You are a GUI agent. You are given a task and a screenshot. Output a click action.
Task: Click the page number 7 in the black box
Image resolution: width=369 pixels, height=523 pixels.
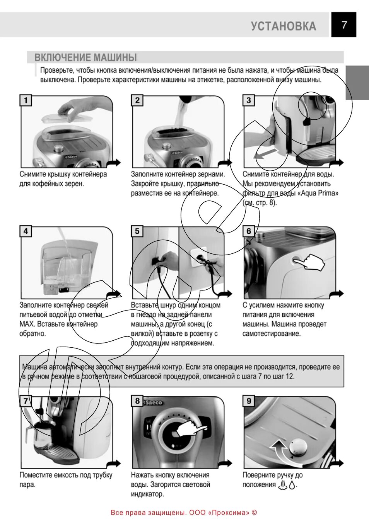(x=344, y=25)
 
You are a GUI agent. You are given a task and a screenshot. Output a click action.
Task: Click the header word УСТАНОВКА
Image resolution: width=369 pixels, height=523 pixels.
(x=284, y=26)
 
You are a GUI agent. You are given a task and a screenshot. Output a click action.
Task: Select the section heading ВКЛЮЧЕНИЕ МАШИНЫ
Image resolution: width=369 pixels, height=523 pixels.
(x=85, y=58)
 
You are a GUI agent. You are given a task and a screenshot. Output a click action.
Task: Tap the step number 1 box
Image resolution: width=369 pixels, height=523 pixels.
(x=26, y=100)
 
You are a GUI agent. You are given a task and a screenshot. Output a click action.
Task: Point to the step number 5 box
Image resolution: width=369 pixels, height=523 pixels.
(x=137, y=231)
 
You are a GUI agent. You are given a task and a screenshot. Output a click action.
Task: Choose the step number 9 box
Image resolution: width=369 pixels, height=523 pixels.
(x=249, y=401)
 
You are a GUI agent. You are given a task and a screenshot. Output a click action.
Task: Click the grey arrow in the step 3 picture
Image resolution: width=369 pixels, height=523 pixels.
(x=267, y=154)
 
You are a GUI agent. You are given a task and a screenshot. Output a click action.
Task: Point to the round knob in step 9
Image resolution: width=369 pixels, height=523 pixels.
(x=298, y=447)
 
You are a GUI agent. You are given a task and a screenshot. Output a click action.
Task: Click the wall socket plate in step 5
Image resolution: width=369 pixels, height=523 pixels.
(x=199, y=257)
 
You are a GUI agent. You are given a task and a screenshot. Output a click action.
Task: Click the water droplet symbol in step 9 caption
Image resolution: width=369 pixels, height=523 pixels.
(x=292, y=486)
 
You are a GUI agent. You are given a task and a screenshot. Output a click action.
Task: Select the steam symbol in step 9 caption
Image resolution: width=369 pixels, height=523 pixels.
(x=283, y=485)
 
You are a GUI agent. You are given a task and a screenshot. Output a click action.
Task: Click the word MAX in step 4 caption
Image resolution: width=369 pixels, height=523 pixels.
(x=27, y=324)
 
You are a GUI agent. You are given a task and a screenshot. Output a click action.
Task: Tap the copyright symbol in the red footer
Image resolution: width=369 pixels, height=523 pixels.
(x=254, y=513)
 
